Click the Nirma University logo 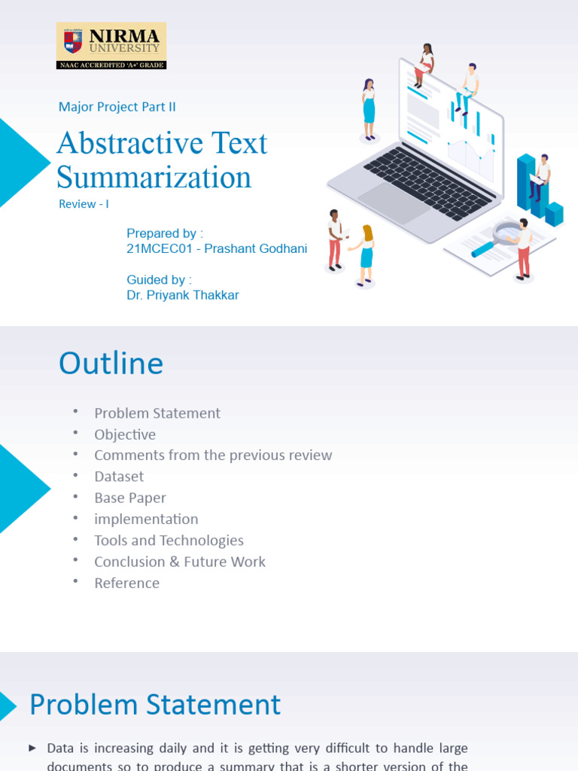111,46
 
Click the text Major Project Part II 117,107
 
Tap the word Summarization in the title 154,178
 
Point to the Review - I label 84,204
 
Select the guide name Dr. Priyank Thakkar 183,295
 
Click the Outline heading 111,364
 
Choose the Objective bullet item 125,434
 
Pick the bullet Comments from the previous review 213,456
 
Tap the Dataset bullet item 119,477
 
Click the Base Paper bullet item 130,498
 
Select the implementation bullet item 146,519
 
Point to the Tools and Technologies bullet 169,541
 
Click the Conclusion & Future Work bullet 180,562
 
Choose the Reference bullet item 126,583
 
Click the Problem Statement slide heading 154,705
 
